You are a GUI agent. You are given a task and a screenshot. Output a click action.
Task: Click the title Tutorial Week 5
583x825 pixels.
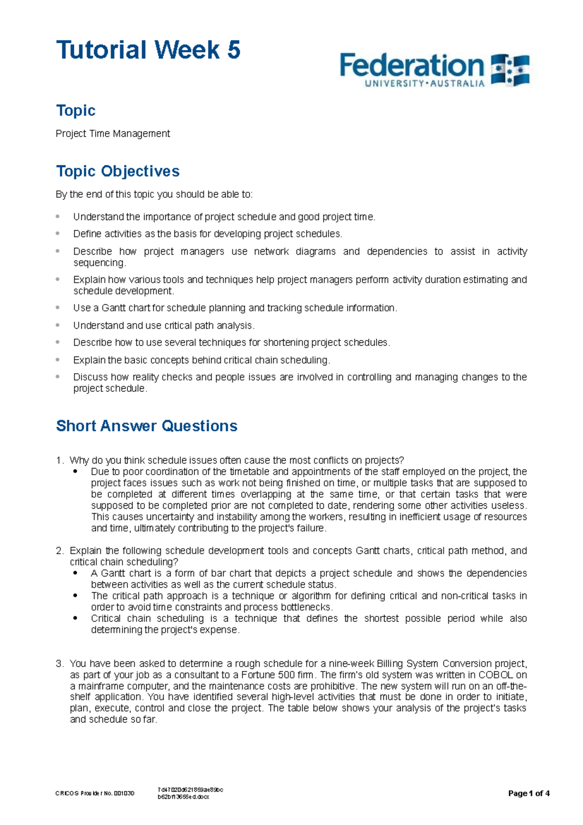[x=148, y=50]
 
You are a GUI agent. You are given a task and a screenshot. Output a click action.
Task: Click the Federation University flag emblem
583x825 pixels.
[x=510, y=70]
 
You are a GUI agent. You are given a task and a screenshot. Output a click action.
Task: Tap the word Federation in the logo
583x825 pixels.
[x=412, y=66]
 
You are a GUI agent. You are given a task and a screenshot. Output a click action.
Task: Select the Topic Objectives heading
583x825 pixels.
[x=118, y=171]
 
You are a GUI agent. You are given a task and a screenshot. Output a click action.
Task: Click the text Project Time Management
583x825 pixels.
[x=113, y=134]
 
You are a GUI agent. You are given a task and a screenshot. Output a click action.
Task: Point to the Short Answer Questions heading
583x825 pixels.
[x=147, y=426]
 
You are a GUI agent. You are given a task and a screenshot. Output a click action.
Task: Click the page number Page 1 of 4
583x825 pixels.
[x=529, y=793]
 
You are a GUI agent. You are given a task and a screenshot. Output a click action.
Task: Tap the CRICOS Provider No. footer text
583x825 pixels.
[x=95, y=793]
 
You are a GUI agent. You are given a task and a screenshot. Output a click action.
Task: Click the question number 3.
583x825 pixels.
[x=59, y=663]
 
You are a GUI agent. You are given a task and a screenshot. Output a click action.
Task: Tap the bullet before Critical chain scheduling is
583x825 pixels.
[x=75, y=619]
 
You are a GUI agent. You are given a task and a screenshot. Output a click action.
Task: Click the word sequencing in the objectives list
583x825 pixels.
[x=99, y=263]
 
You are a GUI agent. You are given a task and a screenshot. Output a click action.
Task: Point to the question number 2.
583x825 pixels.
[x=59, y=550]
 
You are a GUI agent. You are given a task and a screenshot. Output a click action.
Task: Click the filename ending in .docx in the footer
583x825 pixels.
[x=184, y=797]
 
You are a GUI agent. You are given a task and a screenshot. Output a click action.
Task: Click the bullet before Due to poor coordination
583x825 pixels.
[x=75, y=471]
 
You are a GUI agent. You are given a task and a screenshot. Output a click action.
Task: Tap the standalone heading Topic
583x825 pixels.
[x=76, y=110]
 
